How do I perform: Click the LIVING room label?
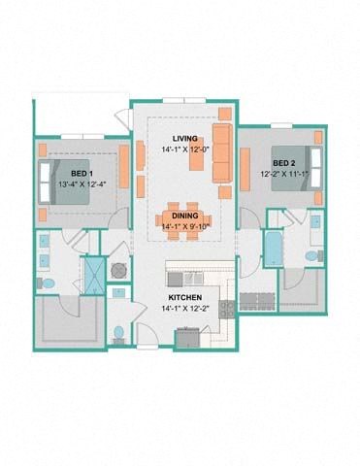(184, 138)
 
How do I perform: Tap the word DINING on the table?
(184, 216)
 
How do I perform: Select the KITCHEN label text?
(183, 296)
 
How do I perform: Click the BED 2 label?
(282, 162)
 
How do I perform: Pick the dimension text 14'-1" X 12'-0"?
(184, 150)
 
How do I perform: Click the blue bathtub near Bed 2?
(273, 249)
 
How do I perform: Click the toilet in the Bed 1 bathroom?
(46, 283)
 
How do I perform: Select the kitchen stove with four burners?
(226, 309)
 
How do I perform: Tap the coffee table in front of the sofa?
(196, 156)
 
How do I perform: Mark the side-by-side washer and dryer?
(258, 297)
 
